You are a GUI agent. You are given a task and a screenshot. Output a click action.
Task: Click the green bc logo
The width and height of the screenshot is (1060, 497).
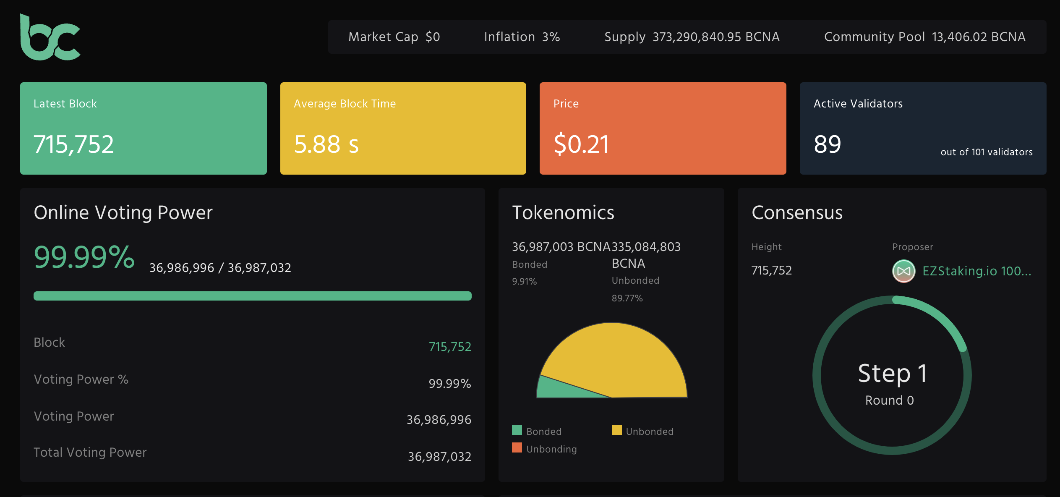[50, 38]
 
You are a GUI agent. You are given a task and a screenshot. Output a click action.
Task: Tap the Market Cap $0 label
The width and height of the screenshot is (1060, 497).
[394, 37]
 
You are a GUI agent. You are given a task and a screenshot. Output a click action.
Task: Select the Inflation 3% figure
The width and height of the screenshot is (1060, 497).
[522, 37]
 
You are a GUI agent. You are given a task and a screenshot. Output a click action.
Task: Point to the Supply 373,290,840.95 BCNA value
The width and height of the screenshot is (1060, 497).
[692, 37]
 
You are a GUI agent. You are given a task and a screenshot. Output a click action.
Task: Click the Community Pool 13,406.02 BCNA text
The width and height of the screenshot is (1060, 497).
[925, 37]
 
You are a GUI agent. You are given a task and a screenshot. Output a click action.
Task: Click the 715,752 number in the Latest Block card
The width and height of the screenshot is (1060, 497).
[74, 144]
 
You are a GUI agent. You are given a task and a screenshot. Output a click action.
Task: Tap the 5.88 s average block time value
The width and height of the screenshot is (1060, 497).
[326, 144]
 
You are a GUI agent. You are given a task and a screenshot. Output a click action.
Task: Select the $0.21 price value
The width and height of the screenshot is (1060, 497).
[581, 144]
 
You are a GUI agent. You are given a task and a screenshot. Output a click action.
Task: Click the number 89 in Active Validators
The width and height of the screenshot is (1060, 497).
[828, 144]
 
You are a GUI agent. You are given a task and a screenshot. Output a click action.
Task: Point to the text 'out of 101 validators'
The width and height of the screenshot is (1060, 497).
[987, 152]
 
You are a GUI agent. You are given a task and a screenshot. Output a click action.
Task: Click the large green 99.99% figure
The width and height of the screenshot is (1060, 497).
[84, 256]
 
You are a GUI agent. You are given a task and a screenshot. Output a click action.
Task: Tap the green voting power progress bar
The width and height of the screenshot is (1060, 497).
[253, 296]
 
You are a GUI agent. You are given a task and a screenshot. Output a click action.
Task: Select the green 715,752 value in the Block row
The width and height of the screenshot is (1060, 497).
[450, 347]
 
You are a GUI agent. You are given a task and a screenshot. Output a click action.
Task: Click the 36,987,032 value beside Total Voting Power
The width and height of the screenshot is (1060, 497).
[439, 457]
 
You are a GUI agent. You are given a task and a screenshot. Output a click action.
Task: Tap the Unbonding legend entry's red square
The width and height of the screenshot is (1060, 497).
[517, 447]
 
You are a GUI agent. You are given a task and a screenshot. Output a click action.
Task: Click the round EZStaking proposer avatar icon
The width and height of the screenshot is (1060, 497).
[904, 271]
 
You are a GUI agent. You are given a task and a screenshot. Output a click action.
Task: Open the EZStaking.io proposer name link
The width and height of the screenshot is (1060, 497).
[977, 271]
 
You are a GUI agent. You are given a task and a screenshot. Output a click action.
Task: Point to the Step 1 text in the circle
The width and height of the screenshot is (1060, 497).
[892, 373]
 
